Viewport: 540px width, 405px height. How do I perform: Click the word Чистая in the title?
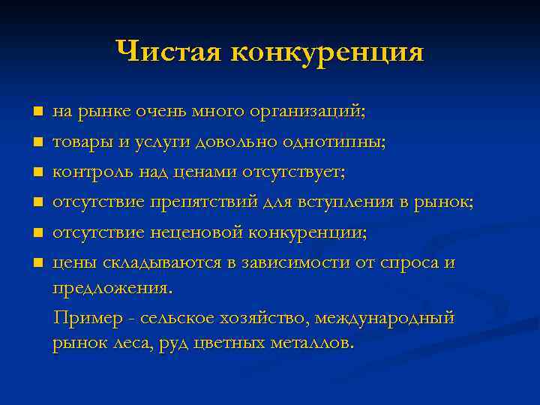(x=168, y=52)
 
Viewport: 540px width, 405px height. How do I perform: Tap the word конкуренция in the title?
(x=327, y=53)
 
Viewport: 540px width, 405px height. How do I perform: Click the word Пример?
(x=83, y=318)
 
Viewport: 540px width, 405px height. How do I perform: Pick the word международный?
(x=384, y=318)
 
